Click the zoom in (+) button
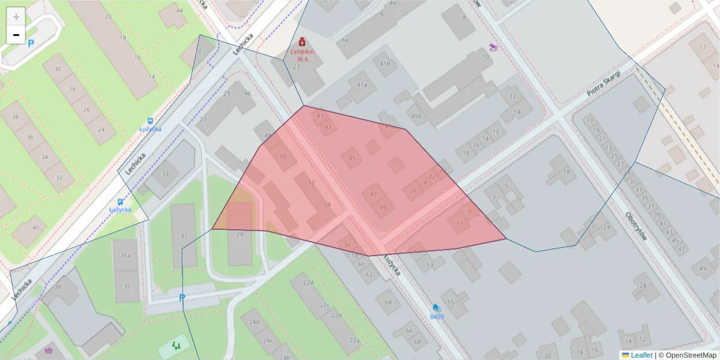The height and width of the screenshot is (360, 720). (x=16, y=16)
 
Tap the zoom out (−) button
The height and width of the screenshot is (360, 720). (x=16, y=35)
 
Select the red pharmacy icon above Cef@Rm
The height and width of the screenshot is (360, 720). (x=302, y=42)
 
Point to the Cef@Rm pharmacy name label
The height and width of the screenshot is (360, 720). (x=302, y=52)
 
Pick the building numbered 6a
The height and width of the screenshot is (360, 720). (x=345, y=40)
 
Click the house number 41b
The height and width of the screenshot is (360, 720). (x=385, y=63)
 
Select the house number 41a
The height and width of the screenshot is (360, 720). (x=362, y=85)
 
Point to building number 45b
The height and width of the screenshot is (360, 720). (x=416, y=116)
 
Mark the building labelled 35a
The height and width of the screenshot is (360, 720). (x=125, y=256)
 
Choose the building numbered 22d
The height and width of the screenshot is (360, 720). (x=308, y=283)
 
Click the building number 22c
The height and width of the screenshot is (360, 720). (x=325, y=305)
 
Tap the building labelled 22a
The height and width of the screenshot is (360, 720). (x=355, y=340)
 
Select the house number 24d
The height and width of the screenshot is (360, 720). (x=254, y=322)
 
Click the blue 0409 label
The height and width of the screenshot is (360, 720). (x=437, y=317)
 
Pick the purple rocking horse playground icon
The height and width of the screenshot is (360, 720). (x=493, y=46)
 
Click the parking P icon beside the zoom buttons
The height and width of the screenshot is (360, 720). (x=31, y=43)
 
